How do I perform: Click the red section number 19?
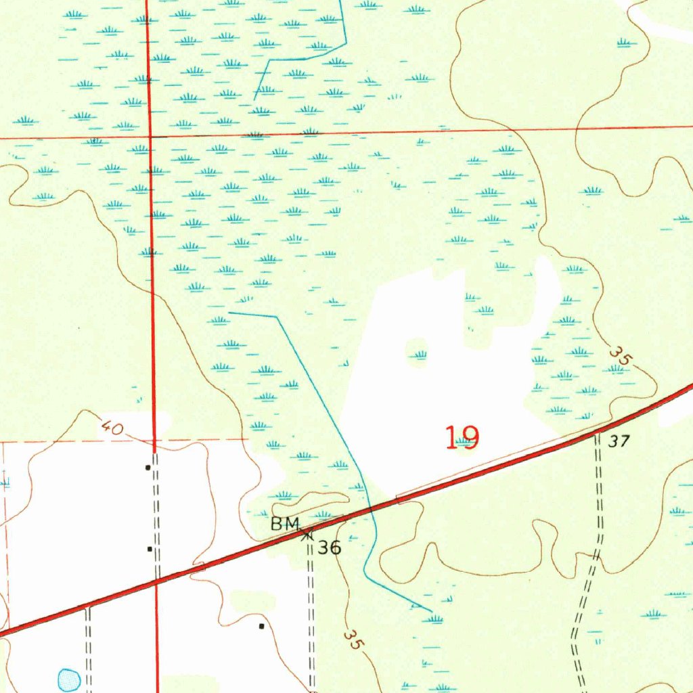(x=463, y=438)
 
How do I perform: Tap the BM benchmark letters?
(x=285, y=523)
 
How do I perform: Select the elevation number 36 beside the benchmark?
(x=330, y=547)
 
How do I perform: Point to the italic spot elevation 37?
(x=618, y=442)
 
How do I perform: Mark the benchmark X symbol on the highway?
(x=307, y=534)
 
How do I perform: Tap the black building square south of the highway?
(x=262, y=626)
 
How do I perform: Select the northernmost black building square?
(x=148, y=467)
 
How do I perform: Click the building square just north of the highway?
(x=150, y=549)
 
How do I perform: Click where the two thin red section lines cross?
(x=150, y=137)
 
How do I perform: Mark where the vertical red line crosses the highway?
(x=156, y=581)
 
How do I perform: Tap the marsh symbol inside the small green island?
(x=420, y=354)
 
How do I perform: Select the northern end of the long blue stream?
(x=229, y=313)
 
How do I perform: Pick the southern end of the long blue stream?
(x=431, y=610)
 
